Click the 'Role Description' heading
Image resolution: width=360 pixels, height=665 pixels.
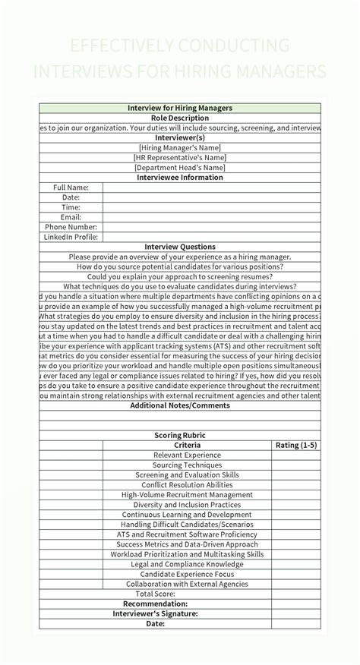(180, 118)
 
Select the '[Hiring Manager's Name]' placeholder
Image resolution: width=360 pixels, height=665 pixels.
(180, 148)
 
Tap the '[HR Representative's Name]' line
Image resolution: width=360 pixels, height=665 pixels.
(180, 158)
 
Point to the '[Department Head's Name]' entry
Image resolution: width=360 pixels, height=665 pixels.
(180, 168)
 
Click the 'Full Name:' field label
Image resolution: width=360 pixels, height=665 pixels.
(71, 188)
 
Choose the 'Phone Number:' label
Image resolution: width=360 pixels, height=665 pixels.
(71, 227)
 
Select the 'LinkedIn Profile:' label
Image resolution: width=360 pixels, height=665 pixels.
(71, 237)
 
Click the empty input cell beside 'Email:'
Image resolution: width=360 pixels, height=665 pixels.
(212, 217)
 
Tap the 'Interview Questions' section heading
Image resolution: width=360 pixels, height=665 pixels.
(180, 247)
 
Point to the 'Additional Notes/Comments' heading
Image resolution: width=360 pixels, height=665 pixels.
(180, 405)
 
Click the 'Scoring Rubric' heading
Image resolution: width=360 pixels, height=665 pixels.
(180, 435)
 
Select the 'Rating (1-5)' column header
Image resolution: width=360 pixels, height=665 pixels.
(296, 445)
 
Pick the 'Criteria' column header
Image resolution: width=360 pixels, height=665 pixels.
(188, 445)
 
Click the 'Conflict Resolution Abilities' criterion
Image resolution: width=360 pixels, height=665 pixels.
(188, 484)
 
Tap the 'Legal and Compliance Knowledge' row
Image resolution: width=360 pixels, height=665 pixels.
(188, 564)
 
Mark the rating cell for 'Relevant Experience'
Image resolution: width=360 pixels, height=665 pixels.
(296, 455)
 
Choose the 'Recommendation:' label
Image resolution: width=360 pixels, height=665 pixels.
(156, 604)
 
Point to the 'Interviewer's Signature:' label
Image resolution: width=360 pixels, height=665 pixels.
(156, 613)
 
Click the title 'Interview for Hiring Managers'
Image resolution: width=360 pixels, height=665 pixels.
(180, 109)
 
